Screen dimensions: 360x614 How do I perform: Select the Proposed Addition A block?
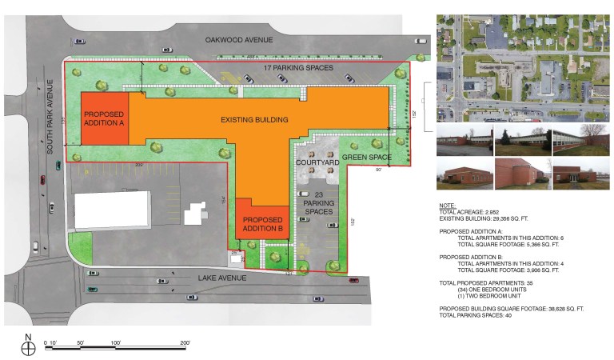point(105,119)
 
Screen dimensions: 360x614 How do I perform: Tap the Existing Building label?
point(254,120)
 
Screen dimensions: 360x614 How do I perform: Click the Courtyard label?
point(318,162)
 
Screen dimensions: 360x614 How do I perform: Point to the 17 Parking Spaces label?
point(297,69)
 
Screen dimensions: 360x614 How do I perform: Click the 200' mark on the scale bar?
point(184,342)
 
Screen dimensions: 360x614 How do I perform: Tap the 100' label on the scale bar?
point(115,342)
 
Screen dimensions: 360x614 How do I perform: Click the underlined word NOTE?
point(448,206)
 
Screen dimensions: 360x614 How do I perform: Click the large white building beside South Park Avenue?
point(113,210)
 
